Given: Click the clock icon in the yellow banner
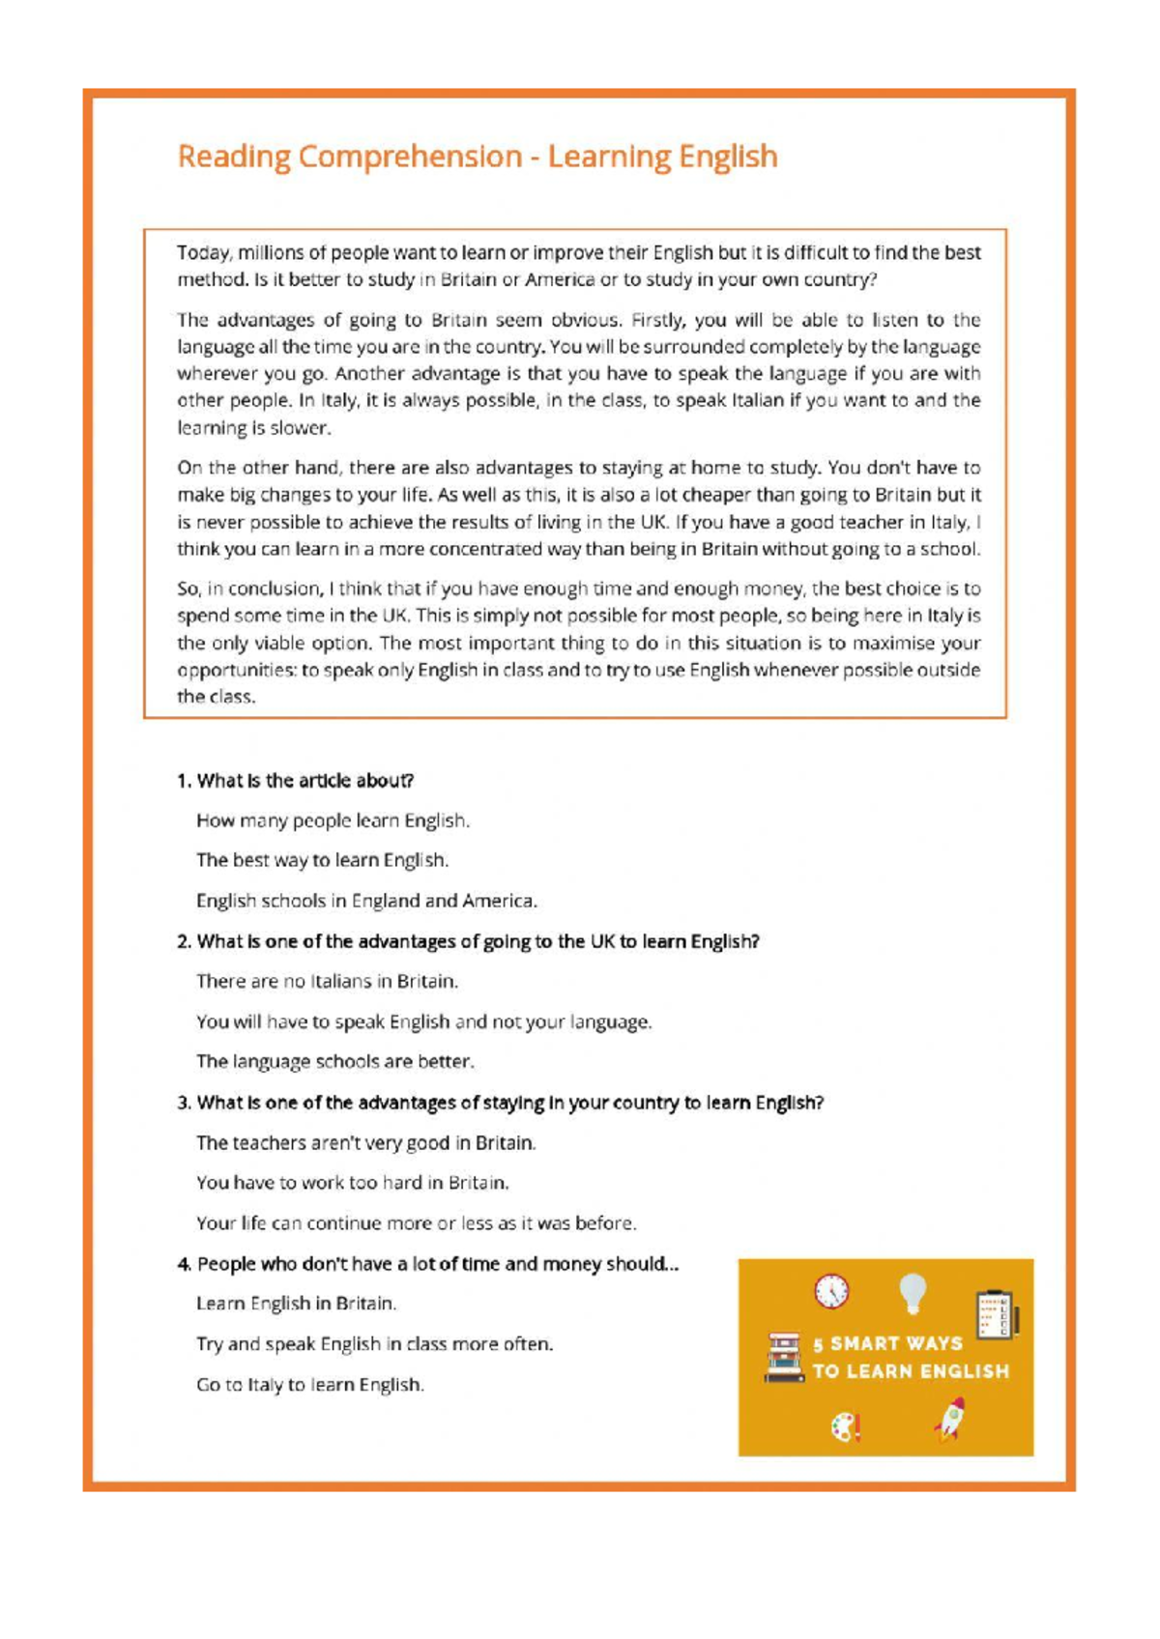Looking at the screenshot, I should pos(831,1291).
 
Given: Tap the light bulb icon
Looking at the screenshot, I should pos(913,1294).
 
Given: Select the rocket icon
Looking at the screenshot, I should pos(950,1419).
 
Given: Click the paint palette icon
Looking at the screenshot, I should pos(845,1427).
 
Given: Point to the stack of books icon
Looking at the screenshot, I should pos(784,1357).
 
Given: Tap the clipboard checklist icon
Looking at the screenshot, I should pos(995,1314).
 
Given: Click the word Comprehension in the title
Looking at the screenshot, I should pos(410,157).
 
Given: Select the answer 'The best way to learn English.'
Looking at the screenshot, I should pos(322,860).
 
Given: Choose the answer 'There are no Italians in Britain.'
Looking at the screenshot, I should pos(327,981).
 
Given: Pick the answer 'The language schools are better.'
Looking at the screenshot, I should pos(334,1061).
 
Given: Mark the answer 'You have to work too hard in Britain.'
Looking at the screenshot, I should pos(352,1182).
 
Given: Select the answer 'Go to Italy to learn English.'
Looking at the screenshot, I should pos(309,1384).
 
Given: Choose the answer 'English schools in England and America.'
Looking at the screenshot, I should pos(366,901).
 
